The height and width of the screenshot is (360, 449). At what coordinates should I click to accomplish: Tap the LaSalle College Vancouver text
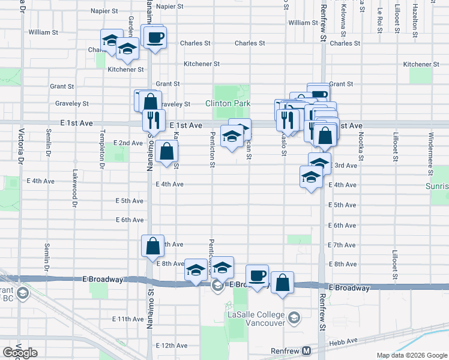(x=255, y=318)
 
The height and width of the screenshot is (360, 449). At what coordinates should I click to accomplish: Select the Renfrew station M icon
(x=307, y=350)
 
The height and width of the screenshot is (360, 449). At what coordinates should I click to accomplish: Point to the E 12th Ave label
(x=172, y=346)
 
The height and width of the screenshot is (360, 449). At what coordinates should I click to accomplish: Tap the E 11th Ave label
(x=128, y=319)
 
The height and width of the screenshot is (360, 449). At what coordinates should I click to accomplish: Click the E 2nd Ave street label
(x=128, y=143)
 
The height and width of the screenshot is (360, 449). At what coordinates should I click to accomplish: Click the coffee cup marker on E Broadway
(x=257, y=276)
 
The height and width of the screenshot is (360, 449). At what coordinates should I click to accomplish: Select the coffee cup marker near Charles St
(x=154, y=37)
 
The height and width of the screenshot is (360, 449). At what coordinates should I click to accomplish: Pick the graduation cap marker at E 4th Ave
(x=311, y=178)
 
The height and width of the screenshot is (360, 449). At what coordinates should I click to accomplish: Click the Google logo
(x=20, y=353)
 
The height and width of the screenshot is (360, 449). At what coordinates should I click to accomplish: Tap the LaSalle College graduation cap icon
(x=294, y=317)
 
